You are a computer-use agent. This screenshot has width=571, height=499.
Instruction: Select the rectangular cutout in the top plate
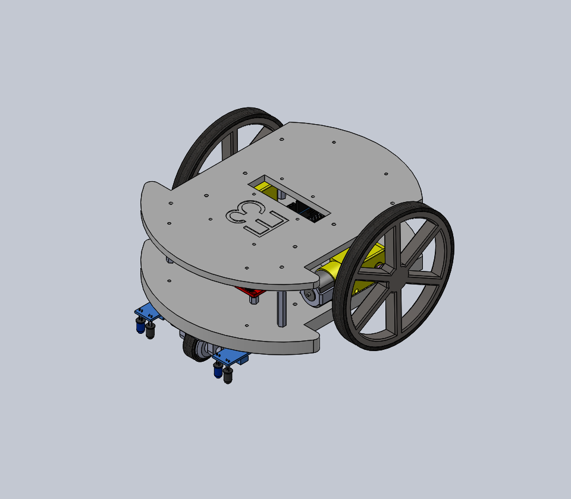coord(288,197)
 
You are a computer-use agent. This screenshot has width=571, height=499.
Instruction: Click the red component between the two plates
coord(250,292)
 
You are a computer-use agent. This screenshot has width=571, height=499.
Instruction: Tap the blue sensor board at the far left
coord(145,312)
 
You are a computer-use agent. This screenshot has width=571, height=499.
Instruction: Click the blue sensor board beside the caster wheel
coord(230,358)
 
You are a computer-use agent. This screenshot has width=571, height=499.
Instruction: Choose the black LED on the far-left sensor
coord(150,330)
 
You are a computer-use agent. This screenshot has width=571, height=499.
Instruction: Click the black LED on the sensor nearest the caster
coord(228,375)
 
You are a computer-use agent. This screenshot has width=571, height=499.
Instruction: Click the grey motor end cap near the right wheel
coord(310,296)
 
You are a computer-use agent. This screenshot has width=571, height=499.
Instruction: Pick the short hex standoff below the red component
coord(255,299)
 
